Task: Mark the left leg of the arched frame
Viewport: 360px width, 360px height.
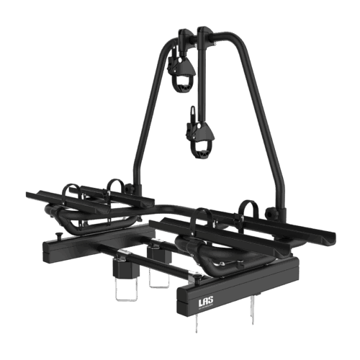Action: point(142,122)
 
